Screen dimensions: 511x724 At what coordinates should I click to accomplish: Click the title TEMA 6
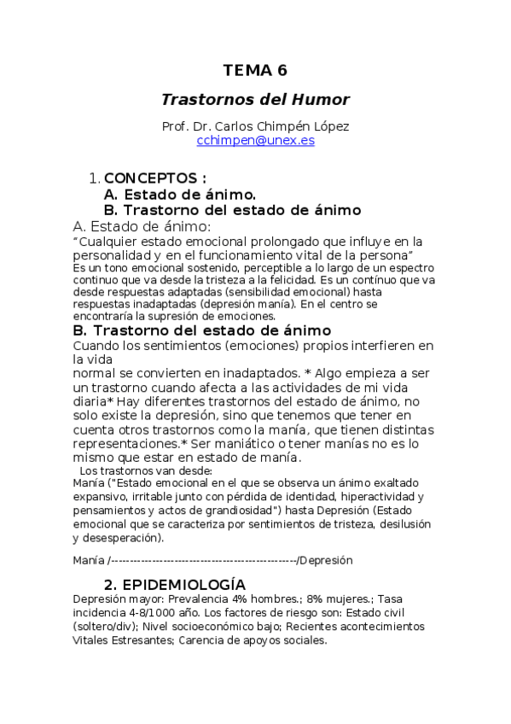click(255, 70)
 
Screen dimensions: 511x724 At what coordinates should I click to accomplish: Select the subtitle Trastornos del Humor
click(255, 99)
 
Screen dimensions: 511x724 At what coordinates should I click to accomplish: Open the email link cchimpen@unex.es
click(255, 141)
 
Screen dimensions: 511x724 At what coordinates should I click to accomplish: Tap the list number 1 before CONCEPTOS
click(93, 178)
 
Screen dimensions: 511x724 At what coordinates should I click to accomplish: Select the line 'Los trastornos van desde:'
click(146, 470)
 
